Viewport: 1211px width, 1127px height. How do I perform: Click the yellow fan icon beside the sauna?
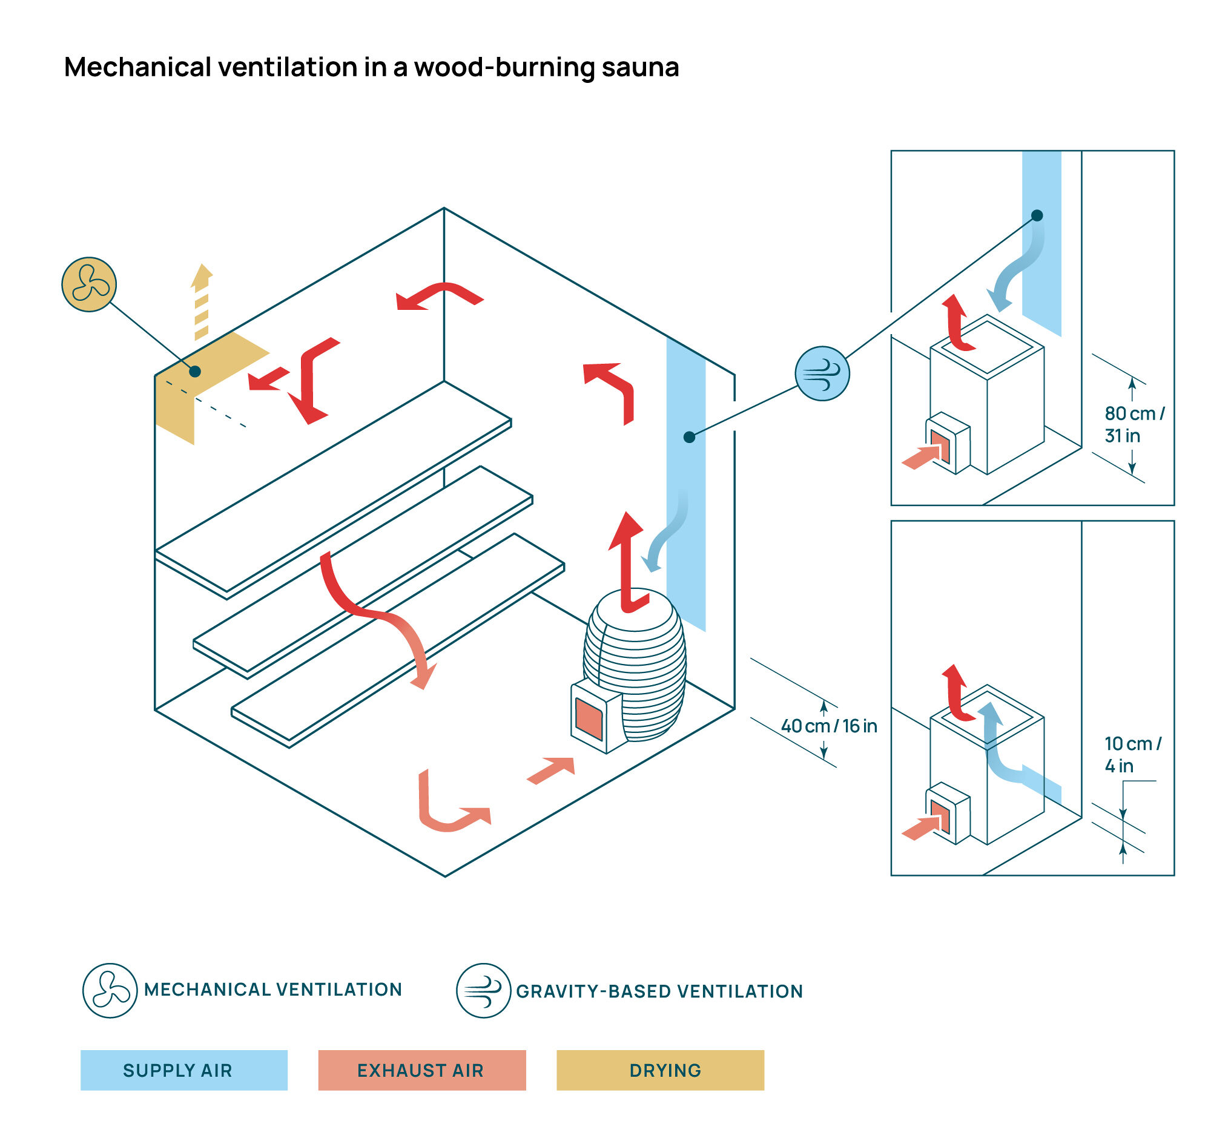(x=89, y=284)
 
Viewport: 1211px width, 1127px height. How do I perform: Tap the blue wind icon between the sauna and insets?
(x=822, y=373)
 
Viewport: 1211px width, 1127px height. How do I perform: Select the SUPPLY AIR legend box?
(x=184, y=1069)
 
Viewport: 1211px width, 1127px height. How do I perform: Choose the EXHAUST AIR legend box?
(x=421, y=1069)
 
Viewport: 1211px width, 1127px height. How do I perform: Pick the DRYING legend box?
(x=660, y=1069)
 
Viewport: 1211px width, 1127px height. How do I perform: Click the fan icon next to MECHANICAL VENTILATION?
(x=110, y=990)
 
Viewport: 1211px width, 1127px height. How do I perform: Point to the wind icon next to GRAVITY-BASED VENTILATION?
(x=483, y=990)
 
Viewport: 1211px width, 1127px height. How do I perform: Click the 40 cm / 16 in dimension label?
(x=828, y=726)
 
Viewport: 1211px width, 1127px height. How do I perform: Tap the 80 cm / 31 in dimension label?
(x=1134, y=424)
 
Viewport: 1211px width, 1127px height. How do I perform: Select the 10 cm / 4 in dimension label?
(x=1133, y=754)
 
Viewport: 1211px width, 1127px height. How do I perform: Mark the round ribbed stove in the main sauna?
(x=633, y=667)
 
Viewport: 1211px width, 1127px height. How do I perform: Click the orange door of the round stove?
(x=589, y=719)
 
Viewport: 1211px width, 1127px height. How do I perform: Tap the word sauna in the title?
(x=640, y=67)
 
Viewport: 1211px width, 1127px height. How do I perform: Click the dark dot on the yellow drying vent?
(x=195, y=372)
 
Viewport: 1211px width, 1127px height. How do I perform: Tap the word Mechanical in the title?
(x=137, y=67)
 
